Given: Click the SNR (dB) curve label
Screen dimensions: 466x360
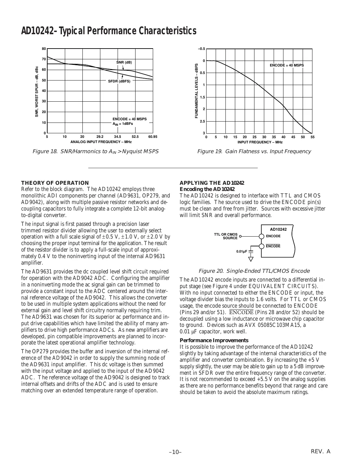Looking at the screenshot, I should click(x=124, y=62).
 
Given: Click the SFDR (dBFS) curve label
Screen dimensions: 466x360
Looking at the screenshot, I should click(x=119, y=81).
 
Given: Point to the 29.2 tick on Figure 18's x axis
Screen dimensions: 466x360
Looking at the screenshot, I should click(x=100, y=137).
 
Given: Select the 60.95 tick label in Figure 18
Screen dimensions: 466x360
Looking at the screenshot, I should click(x=152, y=137).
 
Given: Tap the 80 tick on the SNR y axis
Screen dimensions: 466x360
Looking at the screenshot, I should click(x=44, y=49).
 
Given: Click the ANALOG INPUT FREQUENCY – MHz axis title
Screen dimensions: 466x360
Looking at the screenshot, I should click(x=101, y=142).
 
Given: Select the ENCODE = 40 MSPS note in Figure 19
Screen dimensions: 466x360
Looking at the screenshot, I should click(x=287, y=65).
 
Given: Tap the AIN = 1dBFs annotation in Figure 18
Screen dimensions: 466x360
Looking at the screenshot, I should click(x=123, y=124).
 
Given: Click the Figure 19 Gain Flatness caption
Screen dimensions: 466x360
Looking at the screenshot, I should click(x=254, y=152).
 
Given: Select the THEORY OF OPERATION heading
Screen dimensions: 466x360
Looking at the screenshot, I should click(x=55, y=183).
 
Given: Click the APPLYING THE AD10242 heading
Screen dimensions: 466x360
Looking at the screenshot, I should click(x=212, y=183).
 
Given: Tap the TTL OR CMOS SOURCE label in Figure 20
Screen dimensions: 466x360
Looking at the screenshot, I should click(x=225, y=236).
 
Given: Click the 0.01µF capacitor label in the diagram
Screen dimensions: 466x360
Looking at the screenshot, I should click(x=242, y=251).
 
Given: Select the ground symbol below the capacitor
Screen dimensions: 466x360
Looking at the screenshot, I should click(x=251, y=259).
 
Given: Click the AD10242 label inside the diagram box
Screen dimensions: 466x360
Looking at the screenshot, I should click(x=278, y=229).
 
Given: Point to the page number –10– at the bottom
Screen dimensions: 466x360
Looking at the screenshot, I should click(x=175, y=452).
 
